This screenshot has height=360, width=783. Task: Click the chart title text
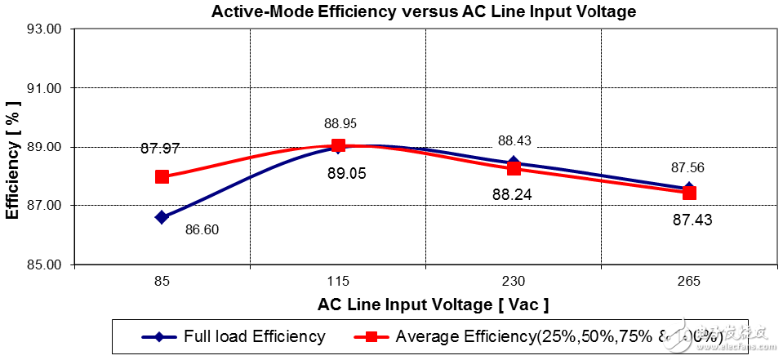(423, 11)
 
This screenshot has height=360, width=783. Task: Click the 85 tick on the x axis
(162, 282)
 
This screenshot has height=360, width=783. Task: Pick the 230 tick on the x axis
(513, 282)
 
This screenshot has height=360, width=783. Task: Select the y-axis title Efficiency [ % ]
(13, 160)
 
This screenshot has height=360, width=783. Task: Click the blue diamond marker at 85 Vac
(162, 217)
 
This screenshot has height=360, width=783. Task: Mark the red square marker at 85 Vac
(162, 176)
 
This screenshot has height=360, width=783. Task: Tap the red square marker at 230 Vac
(514, 168)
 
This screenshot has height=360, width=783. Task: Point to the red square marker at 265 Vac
(689, 193)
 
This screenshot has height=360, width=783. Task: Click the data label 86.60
(202, 230)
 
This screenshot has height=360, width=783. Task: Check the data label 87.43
(692, 220)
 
